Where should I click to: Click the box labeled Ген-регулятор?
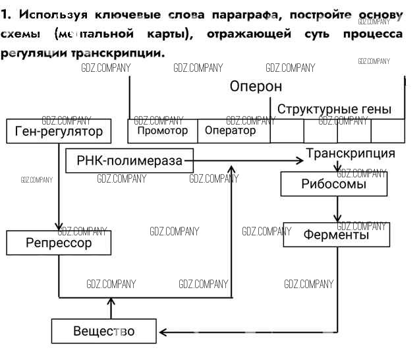[59, 131]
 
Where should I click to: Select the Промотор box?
[162, 131]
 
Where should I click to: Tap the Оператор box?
[231, 131]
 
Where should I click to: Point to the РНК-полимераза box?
[130, 160]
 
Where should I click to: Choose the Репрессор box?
[59, 243]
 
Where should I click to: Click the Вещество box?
[104, 331]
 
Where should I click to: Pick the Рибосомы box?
[334, 184]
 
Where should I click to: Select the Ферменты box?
[336, 234]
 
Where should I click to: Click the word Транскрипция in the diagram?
[350, 154]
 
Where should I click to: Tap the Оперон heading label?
[256, 86]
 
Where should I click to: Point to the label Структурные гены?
[334, 109]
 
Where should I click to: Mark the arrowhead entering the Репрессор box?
[59, 225]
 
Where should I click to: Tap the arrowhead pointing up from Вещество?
[111, 302]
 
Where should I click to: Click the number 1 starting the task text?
[5, 15]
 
